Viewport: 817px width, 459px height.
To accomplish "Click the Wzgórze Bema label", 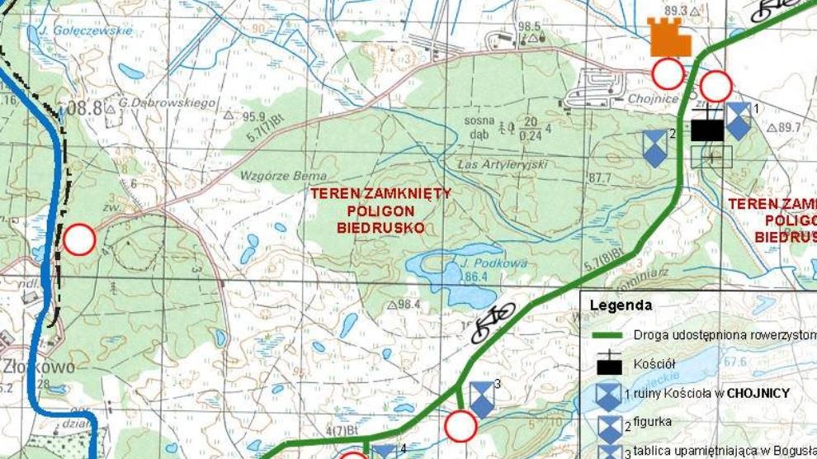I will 272,176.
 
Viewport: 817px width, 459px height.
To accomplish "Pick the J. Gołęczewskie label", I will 79,31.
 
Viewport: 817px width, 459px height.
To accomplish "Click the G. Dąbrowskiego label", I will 168,103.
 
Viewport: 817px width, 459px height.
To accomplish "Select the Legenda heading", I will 621,305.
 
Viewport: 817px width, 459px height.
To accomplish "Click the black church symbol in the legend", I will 609,365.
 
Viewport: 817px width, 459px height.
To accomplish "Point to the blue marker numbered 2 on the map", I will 655,147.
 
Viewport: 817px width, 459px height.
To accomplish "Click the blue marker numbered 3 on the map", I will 481,398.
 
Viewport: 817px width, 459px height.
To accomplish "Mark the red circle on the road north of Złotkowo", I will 80,239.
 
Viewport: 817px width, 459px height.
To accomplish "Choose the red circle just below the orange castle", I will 668,74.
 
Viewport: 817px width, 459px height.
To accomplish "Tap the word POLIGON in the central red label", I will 380,211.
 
